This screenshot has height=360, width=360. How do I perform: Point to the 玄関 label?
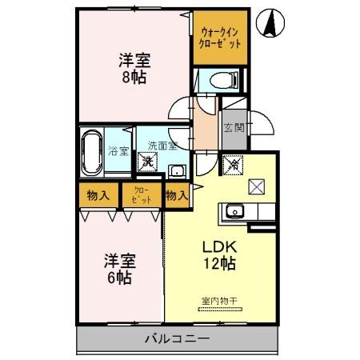(234, 129)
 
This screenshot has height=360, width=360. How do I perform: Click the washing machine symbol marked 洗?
(148, 162)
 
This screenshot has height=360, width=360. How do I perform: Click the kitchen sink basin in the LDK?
(234, 211)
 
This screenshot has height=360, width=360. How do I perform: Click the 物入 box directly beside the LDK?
(177, 194)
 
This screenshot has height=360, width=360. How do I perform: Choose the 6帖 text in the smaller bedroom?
(120, 278)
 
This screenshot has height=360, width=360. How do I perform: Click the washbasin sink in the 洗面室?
(176, 169)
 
